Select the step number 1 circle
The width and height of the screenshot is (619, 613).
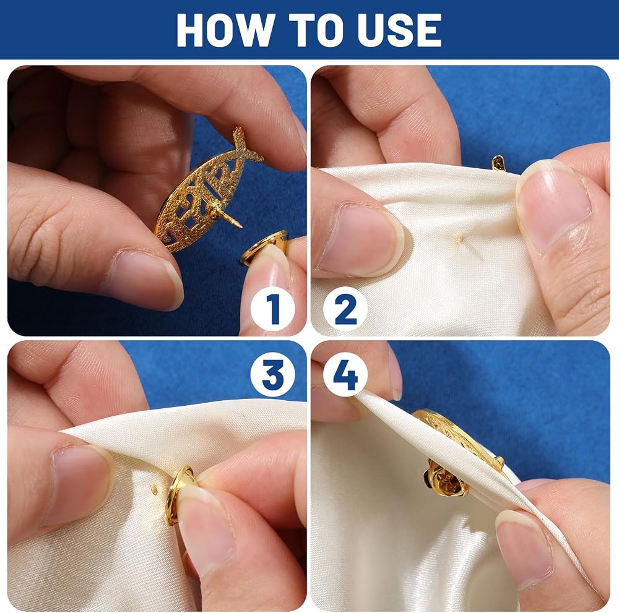pos(272,309)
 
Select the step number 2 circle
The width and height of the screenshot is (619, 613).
pos(345,309)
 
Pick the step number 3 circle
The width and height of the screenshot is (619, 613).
pos(272,375)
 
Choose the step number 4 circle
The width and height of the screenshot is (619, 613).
pos(345,375)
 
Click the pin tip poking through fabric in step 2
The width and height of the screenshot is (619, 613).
pos(459,238)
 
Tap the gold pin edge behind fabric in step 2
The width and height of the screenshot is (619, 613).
pos(499,163)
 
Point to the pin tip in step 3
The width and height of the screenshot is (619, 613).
pos(155,491)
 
